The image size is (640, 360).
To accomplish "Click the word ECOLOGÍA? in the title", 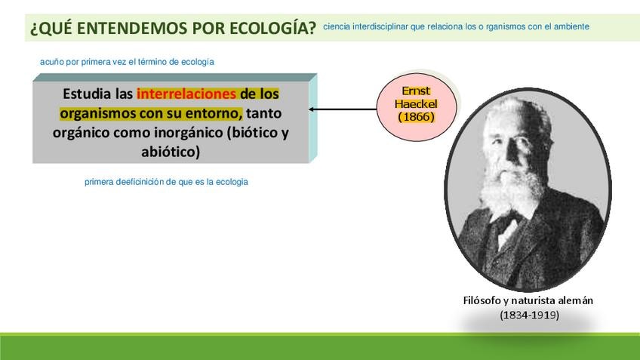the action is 272,28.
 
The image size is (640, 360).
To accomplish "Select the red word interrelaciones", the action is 186,94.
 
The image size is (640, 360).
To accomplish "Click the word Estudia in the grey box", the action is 87,94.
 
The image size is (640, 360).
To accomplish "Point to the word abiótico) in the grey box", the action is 171,152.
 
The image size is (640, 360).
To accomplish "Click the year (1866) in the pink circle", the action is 417,117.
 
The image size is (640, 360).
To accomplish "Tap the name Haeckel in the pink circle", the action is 416,103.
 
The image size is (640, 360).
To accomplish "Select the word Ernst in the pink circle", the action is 416,91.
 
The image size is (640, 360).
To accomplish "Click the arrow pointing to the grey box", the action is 343,109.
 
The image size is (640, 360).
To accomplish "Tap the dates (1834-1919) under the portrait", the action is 529,315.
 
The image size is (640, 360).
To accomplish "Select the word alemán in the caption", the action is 577,300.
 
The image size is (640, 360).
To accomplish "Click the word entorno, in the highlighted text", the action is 214,113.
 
